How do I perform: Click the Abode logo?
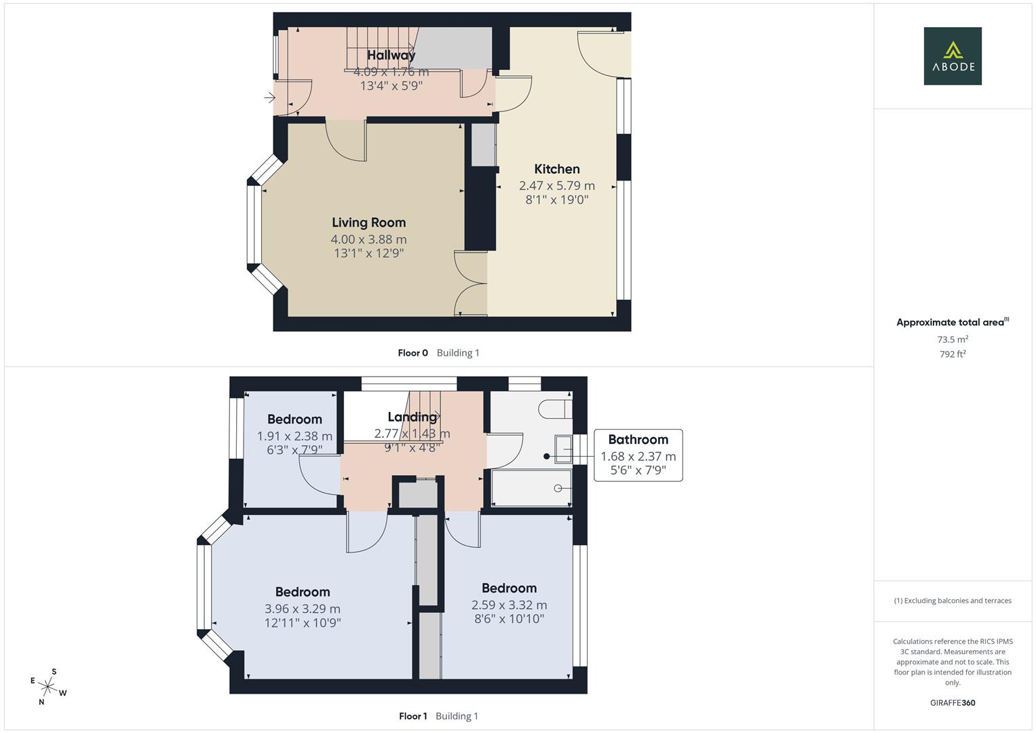point(952,56)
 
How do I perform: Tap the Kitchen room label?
point(556,169)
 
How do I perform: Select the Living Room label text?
point(368,223)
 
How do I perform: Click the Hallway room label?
point(391,55)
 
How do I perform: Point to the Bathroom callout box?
point(638,455)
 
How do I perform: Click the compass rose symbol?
point(48,687)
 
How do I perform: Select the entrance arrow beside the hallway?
point(269,98)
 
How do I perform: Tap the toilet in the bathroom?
point(556,409)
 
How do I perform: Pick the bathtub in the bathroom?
point(531,488)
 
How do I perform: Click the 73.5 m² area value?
point(952,339)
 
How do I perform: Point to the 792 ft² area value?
point(952,354)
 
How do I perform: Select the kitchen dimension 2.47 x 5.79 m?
point(556,185)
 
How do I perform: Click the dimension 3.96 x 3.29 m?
point(303,609)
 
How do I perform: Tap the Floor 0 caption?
point(413,353)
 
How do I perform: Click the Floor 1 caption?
point(413,716)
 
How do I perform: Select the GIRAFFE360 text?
point(952,702)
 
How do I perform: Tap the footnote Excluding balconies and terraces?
point(952,601)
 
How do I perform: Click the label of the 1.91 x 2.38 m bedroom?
point(294,419)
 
